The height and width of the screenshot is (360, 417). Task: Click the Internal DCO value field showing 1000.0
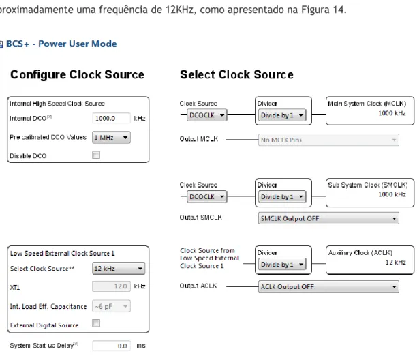111,118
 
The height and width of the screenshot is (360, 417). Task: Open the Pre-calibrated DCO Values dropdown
111,138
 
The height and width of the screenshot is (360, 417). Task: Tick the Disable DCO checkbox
96,155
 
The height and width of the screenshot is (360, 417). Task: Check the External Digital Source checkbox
96,323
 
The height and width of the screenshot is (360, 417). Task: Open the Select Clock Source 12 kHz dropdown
119,269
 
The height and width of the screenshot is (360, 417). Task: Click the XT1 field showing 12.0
111,286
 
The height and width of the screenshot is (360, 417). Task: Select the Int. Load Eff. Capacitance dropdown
111,306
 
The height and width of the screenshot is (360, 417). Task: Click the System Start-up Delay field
111,346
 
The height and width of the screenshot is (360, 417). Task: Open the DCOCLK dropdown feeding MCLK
207,115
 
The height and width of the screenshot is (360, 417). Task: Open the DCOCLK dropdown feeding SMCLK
207,196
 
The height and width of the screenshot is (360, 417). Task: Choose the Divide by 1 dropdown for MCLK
282,115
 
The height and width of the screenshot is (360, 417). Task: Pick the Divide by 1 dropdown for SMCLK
282,196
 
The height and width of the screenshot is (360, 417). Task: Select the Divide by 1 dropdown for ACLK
282,265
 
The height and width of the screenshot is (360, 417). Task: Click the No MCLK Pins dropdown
328,140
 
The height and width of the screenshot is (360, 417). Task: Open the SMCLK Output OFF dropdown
328,218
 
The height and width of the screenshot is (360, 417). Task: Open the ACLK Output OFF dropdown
328,286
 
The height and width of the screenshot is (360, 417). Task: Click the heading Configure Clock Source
77,75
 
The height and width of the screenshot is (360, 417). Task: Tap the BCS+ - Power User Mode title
61,44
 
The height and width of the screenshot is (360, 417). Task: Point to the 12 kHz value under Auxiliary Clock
396,262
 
